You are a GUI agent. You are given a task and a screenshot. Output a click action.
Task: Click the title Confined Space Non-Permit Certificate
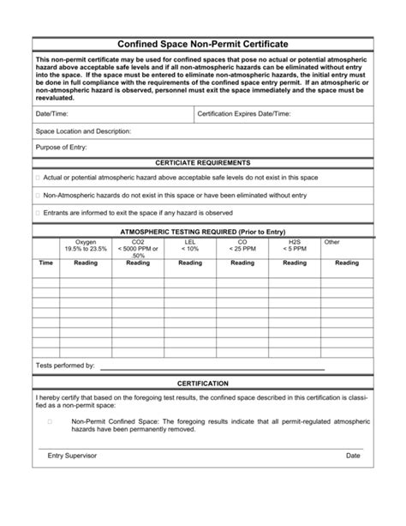[x=203, y=43]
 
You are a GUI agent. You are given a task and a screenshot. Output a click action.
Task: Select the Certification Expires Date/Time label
[x=243, y=113]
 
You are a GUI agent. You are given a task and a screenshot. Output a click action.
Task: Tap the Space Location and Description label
[x=83, y=131]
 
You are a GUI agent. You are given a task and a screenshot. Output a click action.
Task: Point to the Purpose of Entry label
[x=61, y=147]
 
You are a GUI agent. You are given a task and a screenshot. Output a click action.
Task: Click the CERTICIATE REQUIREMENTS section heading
[x=203, y=162]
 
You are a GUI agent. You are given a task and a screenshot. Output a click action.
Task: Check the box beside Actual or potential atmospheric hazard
[x=38, y=177]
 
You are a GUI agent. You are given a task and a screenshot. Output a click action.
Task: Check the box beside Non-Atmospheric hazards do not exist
[x=38, y=195]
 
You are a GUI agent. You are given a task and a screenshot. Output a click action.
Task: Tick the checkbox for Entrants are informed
[x=38, y=212]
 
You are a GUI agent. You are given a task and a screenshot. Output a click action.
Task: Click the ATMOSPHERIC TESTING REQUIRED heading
[x=203, y=232]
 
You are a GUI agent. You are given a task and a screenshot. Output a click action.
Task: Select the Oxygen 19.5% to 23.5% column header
[x=86, y=245]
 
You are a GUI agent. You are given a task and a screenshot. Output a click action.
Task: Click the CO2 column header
[x=138, y=248]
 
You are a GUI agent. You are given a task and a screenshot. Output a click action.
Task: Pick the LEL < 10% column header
[x=190, y=245]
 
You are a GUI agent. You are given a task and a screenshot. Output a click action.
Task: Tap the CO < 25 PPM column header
[x=242, y=245]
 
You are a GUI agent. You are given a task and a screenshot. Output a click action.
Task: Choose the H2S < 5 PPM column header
[x=295, y=245]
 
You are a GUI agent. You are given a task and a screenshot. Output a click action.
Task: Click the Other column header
[x=332, y=242]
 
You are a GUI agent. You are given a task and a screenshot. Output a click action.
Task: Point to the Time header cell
[x=46, y=263]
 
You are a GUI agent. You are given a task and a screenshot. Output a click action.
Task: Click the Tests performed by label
[x=65, y=366]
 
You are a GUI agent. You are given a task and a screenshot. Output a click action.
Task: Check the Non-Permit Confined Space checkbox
[x=50, y=422]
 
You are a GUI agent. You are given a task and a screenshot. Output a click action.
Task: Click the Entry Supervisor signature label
[x=72, y=456]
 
